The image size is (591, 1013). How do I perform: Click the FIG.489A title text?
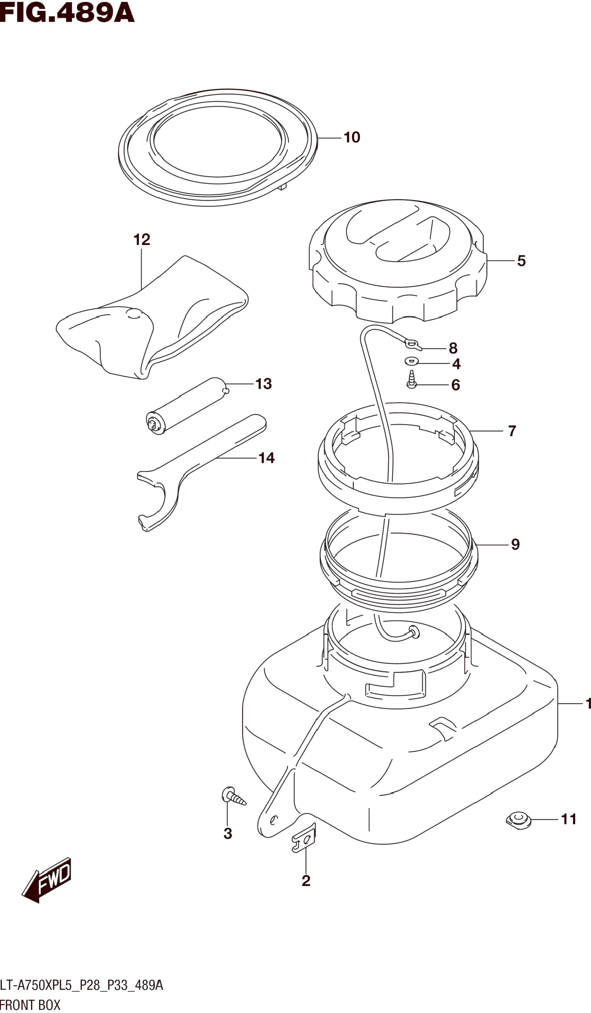(67, 13)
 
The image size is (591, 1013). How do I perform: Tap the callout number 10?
(352, 137)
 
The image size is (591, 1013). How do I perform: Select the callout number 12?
(141, 240)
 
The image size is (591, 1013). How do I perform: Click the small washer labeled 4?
(412, 361)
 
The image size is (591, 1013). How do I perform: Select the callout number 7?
(512, 431)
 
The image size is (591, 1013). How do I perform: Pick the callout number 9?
(515, 544)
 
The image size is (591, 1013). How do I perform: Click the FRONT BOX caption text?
(30, 1005)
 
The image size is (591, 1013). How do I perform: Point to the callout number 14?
(266, 458)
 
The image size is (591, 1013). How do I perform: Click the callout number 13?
(264, 384)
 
